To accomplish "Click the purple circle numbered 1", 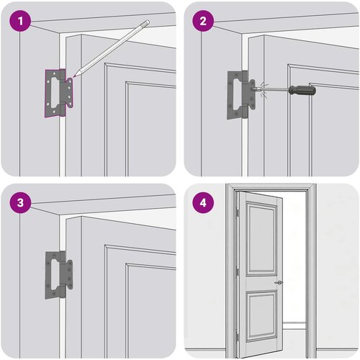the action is coord(20,21).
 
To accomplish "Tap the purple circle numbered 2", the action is coord(203,21).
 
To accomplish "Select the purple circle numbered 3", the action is coord(20,202).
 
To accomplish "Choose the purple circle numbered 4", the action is coord(203,202).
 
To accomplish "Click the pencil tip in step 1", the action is coord(74,76).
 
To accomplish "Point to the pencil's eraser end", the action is coord(146,23).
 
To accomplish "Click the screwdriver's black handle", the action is coord(302,90).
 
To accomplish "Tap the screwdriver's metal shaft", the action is coord(274,90).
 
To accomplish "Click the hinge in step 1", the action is coord(59,93).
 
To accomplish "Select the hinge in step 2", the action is coord(241,94).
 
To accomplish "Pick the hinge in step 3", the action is coord(59,275).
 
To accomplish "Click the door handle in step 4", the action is coord(279,282).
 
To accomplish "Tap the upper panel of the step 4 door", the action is coord(262,238).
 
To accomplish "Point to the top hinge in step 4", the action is coord(237,212).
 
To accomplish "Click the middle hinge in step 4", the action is coord(238,271).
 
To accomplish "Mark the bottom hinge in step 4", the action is coord(237,335).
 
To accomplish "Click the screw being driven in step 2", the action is coord(252,89).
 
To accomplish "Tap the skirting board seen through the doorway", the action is coord(294,326).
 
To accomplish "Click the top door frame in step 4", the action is coord(271,187).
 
